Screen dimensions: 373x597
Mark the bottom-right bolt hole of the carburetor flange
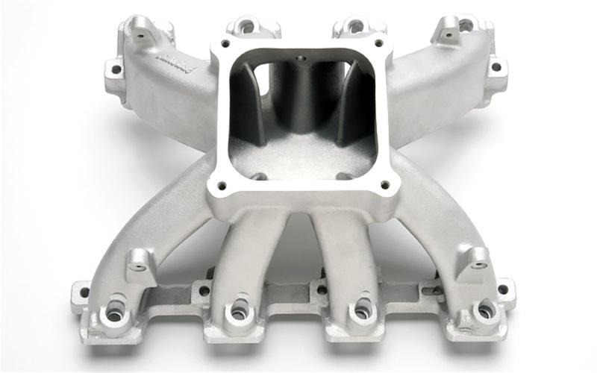(384, 184)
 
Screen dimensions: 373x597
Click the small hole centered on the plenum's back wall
(302, 57)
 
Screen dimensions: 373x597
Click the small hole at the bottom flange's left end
(84, 292)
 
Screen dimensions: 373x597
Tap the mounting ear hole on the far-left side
(116, 71)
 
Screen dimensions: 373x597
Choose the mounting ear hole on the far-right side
(494, 66)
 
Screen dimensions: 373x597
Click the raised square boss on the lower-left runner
(140, 259)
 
